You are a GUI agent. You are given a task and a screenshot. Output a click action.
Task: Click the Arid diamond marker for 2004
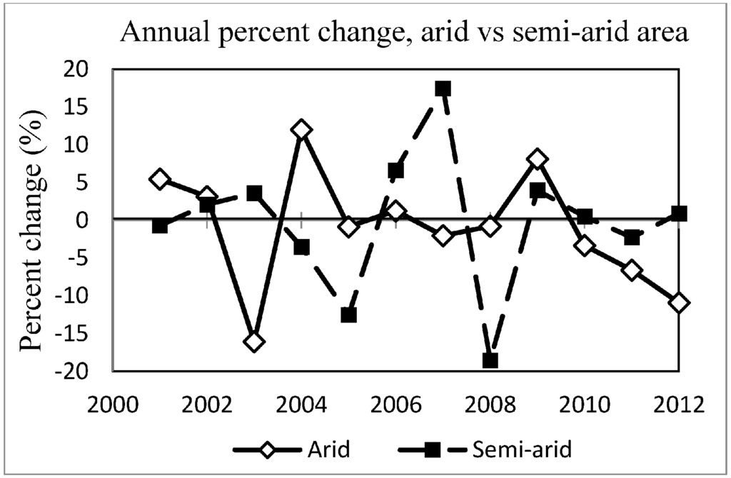click(x=301, y=130)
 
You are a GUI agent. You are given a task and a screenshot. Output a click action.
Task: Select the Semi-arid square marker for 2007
click(x=443, y=88)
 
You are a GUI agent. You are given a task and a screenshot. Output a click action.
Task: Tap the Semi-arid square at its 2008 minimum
click(x=490, y=360)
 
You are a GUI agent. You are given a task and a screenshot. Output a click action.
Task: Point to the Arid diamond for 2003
click(x=254, y=342)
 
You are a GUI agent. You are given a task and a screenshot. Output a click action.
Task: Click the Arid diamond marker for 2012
click(x=679, y=302)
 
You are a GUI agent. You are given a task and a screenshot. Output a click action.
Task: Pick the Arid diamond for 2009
click(x=538, y=158)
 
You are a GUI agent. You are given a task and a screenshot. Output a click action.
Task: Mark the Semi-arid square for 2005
click(x=348, y=315)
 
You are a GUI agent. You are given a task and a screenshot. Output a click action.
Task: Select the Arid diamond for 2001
click(x=160, y=179)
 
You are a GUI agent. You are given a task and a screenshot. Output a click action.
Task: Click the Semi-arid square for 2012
click(x=679, y=213)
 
